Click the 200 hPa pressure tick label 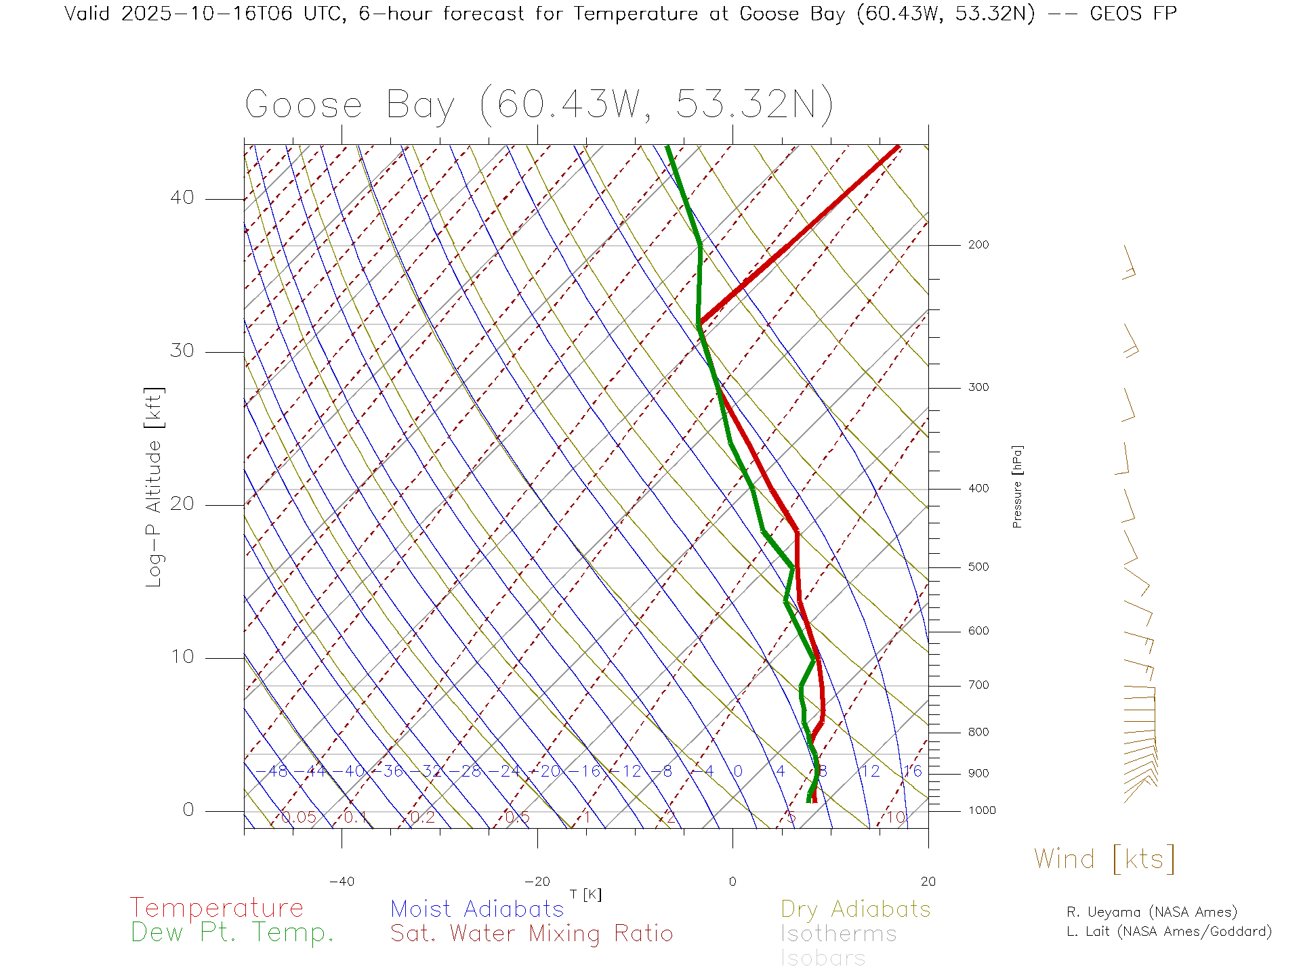point(978,245)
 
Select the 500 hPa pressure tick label point(978,567)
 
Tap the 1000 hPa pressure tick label point(981,811)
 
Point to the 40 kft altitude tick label point(182,198)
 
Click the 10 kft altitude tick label point(182,657)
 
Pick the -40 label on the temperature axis point(342,882)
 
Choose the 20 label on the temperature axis point(928,882)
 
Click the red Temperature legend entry point(217,907)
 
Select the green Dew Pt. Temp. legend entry point(232,933)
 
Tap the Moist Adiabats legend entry point(478,909)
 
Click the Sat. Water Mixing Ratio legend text point(532,934)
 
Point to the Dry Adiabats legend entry point(856,909)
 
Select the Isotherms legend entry point(839,934)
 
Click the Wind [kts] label point(1104,859)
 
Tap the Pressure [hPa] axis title point(1017,486)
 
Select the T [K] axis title point(585,894)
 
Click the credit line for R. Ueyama point(1152,912)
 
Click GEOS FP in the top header point(1133,14)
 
